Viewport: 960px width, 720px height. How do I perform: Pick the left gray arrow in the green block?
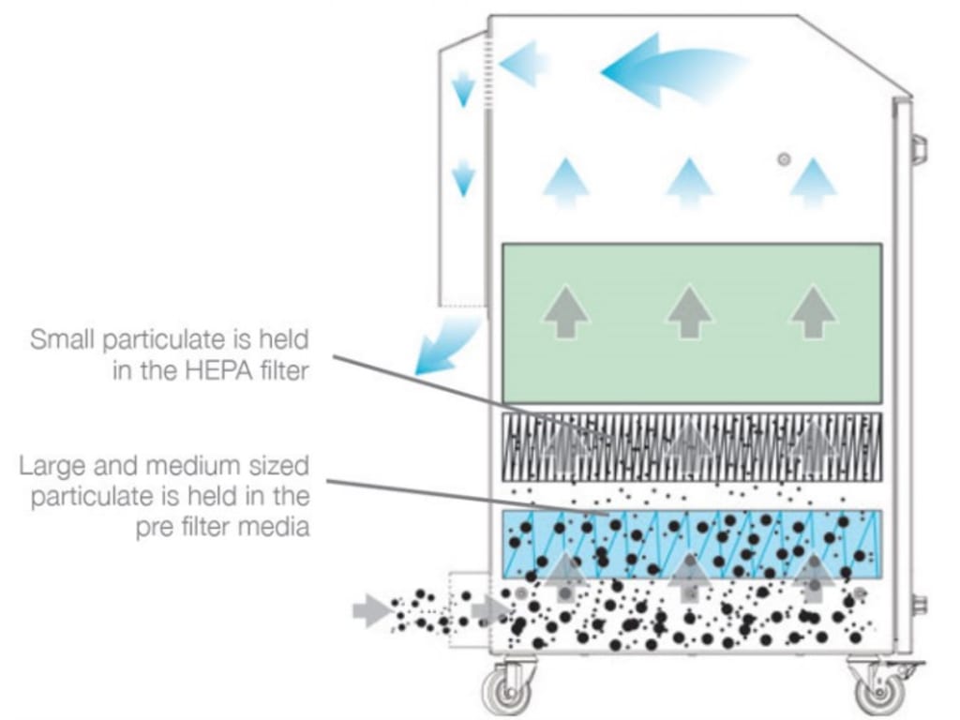(x=566, y=311)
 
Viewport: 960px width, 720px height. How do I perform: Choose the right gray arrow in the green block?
(x=812, y=311)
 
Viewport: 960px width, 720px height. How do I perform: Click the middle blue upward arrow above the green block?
(x=690, y=181)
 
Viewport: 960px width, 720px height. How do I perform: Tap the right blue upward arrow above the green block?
(x=812, y=181)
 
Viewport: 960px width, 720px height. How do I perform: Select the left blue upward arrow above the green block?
(x=566, y=181)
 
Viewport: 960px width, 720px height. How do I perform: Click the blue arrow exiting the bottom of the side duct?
(x=444, y=346)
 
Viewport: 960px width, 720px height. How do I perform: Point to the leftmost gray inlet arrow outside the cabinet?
(x=373, y=611)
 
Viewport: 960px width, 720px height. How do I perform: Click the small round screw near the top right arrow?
(x=784, y=159)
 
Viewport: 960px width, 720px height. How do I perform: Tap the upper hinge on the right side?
(x=919, y=146)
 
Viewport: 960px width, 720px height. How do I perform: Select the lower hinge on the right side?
(x=919, y=605)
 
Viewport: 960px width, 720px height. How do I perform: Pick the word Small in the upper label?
(x=60, y=337)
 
